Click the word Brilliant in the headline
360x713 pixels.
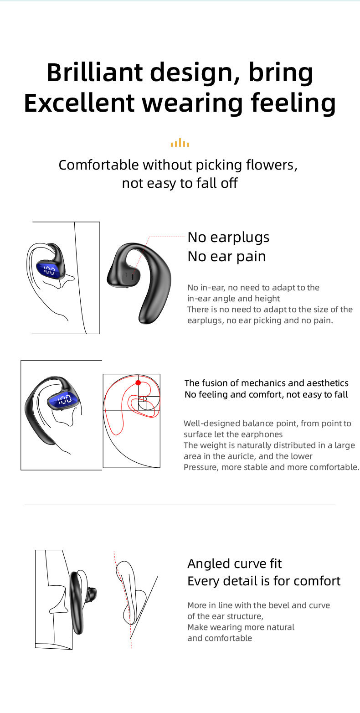[94, 72]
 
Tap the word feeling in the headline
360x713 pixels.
[293, 103]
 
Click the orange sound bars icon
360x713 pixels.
[180, 143]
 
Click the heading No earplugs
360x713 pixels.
[228, 238]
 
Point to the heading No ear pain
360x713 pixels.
[226, 257]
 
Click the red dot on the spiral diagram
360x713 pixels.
[138, 382]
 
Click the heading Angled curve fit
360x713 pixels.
[234, 564]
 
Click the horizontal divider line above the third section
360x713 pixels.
[180, 505]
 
